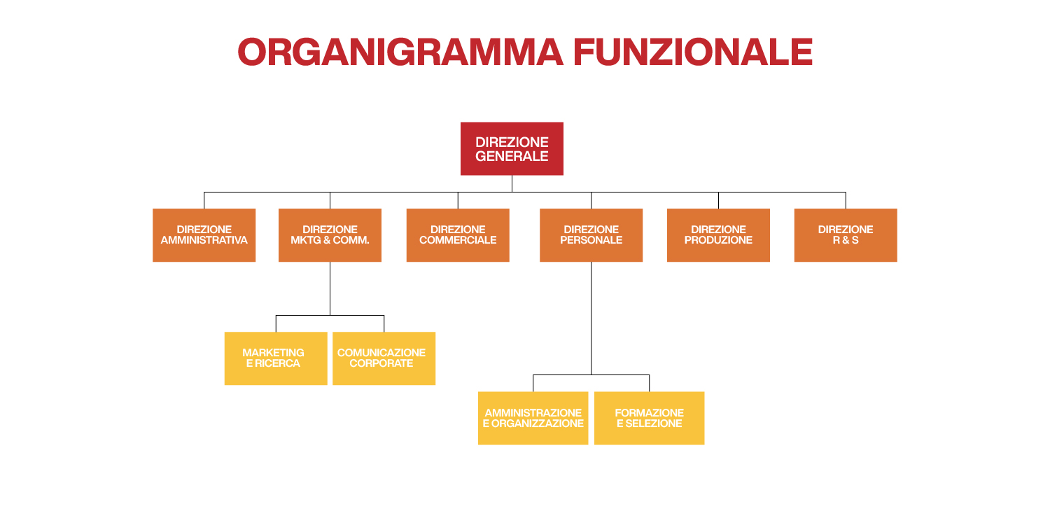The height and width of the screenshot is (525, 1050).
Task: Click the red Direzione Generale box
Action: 512,148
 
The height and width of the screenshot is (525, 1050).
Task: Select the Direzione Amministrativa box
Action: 204,235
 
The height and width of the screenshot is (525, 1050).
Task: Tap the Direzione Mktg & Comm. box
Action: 330,235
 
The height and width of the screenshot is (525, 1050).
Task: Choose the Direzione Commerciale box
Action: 458,235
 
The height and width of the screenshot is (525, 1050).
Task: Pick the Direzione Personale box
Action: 591,235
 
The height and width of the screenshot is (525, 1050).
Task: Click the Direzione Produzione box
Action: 718,235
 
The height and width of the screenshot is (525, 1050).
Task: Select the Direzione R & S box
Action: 846,235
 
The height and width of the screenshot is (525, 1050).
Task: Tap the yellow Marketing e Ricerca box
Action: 276,358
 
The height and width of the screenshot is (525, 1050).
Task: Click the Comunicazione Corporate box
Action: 384,358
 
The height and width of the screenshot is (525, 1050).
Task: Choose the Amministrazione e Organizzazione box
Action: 533,418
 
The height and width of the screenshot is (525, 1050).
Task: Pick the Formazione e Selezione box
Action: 649,418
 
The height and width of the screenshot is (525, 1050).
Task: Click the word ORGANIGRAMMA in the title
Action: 400,52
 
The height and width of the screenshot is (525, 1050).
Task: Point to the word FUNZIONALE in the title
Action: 692,52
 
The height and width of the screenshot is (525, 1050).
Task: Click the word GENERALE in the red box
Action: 512,157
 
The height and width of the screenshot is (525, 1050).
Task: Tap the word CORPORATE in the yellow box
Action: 381,364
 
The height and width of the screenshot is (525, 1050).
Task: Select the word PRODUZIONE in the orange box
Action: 718,241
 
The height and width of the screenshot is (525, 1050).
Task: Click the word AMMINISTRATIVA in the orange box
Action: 204,241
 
